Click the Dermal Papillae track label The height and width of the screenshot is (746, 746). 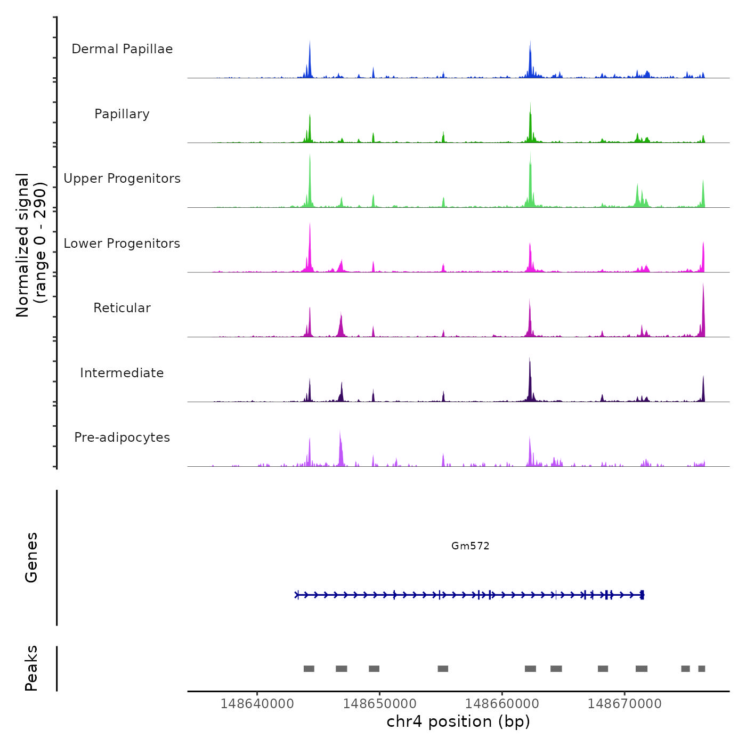point(122,49)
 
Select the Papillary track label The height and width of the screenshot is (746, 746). point(122,114)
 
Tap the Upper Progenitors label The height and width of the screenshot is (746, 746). point(122,179)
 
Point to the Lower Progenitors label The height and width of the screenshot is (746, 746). point(122,244)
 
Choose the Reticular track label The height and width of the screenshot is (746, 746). point(122,308)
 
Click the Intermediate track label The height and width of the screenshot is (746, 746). point(122,373)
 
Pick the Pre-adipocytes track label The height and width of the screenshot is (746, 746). point(122,437)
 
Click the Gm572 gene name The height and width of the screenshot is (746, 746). point(470,546)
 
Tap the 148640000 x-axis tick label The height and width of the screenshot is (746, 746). point(257,704)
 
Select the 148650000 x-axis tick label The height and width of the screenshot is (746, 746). point(379,704)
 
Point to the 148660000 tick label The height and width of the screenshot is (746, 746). point(502,704)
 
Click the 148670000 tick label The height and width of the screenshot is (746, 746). point(625,704)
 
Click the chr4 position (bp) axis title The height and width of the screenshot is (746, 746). point(458,721)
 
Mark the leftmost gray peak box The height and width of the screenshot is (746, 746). point(309,669)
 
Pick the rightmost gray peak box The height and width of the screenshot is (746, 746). point(702,669)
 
